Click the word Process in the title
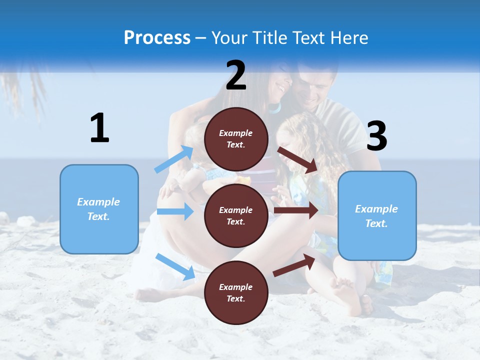pos(157,38)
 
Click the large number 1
pos(99,128)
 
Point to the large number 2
pos(236,75)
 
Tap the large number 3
pos(376,136)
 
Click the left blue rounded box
pos(99,209)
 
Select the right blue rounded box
pos(377,216)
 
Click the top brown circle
pos(236,139)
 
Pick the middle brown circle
pos(236,216)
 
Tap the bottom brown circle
pos(236,293)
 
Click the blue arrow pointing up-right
pos(174,159)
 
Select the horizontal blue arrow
pos(175,211)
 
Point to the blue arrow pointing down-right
pos(175,266)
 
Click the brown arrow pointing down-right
pos(297,159)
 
